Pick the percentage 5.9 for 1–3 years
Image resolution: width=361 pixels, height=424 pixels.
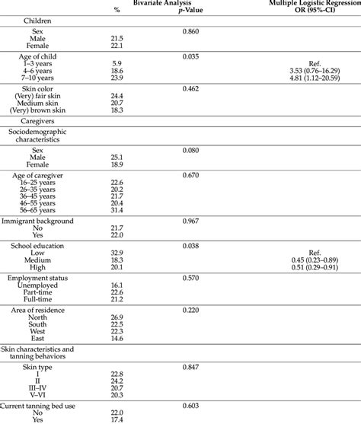[x=117, y=63]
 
